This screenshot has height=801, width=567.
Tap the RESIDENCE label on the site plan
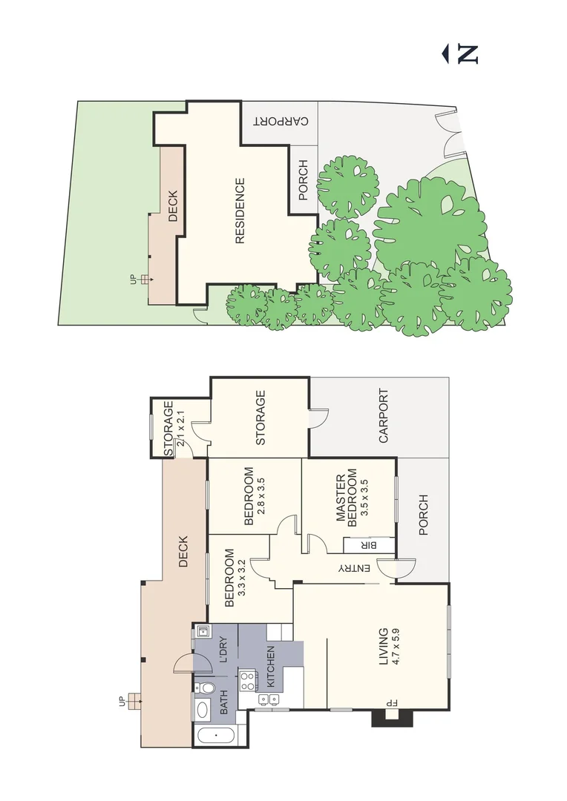click(240, 211)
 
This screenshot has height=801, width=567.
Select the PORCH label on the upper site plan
click(303, 180)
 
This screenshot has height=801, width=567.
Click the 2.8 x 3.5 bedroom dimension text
click(260, 496)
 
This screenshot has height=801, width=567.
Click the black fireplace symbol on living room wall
click(386, 716)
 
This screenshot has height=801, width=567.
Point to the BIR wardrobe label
click(367, 545)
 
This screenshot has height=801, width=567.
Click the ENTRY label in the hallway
click(354, 568)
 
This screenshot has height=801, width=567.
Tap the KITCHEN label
click(271, 666)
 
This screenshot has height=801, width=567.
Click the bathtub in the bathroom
click(215, 736)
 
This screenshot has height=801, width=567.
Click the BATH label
click(224, 702)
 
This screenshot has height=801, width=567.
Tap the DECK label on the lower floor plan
click(183, 552)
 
